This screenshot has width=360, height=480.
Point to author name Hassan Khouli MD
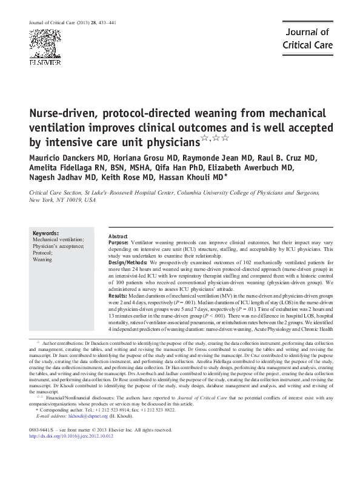pos(191,178)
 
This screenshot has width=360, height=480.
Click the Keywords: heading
pos(45,233)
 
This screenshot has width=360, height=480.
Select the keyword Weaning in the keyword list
pos(42,259)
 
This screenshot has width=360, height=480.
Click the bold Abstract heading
pos(118,236)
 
